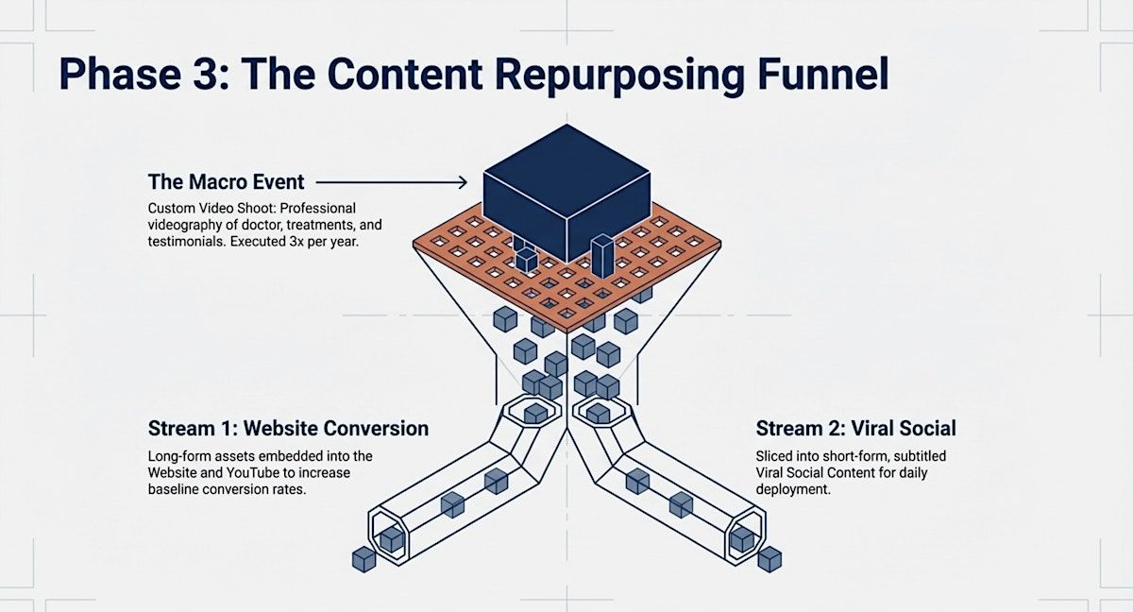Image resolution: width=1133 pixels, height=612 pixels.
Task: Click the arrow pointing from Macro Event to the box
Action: (x=392, y=181)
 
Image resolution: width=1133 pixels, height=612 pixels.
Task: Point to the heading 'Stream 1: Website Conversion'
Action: (x=288, y=429)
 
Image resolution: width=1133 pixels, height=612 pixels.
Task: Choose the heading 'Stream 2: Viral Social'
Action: (x=855, y=429)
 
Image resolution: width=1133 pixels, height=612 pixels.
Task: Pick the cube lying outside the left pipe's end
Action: (x=364, y=559)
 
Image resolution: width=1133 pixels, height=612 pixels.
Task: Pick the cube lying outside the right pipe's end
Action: (x=769, y=558)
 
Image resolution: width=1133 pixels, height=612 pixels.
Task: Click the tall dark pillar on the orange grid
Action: (x=601, y=257)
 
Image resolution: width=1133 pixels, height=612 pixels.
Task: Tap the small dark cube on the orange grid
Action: (x=525, y=261)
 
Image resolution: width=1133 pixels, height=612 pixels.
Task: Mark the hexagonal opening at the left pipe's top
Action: (x=535, y=412)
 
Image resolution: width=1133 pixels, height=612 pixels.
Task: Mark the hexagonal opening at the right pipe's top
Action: (x=598, y=412)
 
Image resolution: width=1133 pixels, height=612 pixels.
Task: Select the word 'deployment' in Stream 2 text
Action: (x=793, y=490)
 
